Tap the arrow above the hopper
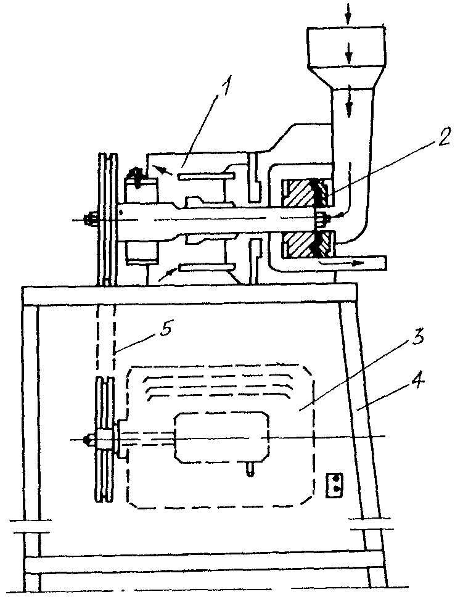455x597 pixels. [348, 12]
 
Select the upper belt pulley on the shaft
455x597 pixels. [107, 220]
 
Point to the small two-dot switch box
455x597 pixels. [334, 485]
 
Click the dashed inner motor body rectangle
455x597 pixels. [221, 439]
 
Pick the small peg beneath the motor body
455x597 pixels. [249, 469]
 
